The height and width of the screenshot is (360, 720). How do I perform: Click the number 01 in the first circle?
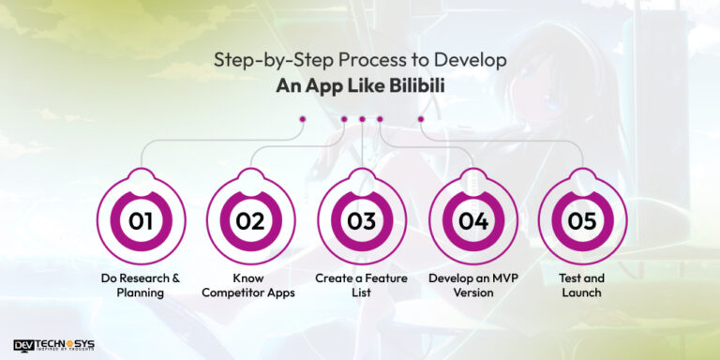pyautogui.click(x=141, y=221)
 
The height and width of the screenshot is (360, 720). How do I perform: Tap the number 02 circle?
pyautogui.click(x=250, y=221)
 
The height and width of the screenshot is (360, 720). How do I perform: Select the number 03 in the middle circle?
pyautogui.click(x=361, y=221)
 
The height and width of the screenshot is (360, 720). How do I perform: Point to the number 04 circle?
pyautogui.click(x=472, y=221)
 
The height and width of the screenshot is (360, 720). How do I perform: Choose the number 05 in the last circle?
pyautogui.click(x=582, y=221)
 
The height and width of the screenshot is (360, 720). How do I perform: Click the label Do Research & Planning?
pyautogui.click(x=141, y=285)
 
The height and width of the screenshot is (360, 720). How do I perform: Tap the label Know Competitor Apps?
pyautogui.click(x=250, y=285)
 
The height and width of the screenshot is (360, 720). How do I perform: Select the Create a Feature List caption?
pyautogui.click(x=361, y=285)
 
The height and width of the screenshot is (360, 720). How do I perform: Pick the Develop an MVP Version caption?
pyautogui.click(x=472, y=285)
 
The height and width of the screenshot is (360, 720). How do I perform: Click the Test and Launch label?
pyautogui.click(x=582, y=285)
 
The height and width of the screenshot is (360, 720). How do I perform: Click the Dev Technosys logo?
pyautogui.click(x=53, y=345)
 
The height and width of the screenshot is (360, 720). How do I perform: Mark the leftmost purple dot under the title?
pyautogui.click(x=302, y=119)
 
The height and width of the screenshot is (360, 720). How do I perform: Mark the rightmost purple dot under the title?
pyautogui.click(x=421, y=119)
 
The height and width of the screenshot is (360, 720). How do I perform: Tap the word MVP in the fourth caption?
pyautogui.click(x=492, y=278)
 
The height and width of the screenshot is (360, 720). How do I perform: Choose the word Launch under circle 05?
pyautogui.click(x=582, y=292)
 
